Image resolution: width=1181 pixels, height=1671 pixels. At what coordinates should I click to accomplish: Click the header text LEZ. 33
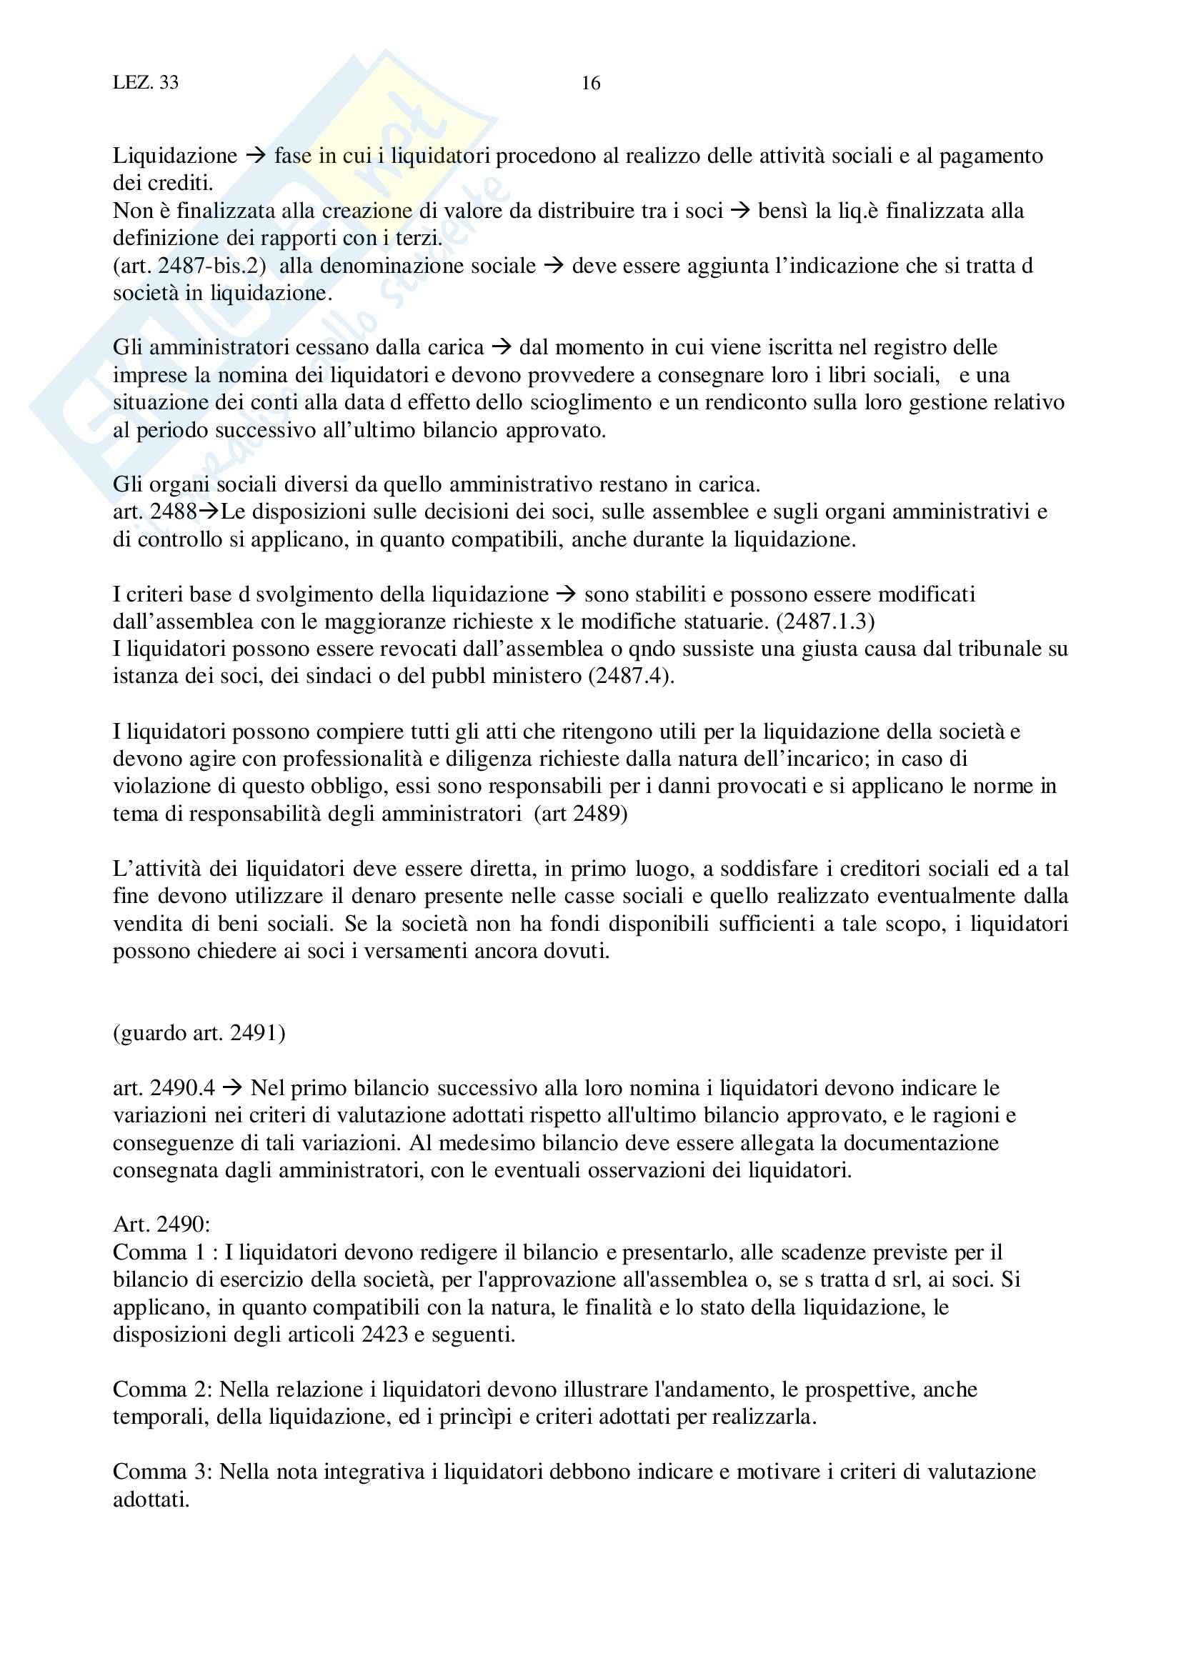(146, 83)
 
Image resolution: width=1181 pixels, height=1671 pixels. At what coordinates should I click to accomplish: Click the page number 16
(590, 84)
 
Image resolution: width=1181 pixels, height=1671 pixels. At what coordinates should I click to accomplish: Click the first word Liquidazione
(174, 156)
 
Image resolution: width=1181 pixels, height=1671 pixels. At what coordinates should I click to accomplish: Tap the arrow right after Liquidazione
(255, 156)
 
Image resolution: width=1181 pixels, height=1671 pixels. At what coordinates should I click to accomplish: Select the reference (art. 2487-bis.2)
(189, 266)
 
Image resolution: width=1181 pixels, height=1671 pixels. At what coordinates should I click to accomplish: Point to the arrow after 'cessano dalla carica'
(502, 348)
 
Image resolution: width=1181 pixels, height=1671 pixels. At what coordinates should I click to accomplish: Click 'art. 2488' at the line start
(154, 512)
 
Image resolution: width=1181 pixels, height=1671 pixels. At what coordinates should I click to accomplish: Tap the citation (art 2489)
(580, 813)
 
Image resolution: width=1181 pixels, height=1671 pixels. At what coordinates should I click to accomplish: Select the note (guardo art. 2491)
(199, 1033)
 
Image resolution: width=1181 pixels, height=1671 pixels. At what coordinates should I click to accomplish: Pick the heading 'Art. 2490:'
(161, 1225)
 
